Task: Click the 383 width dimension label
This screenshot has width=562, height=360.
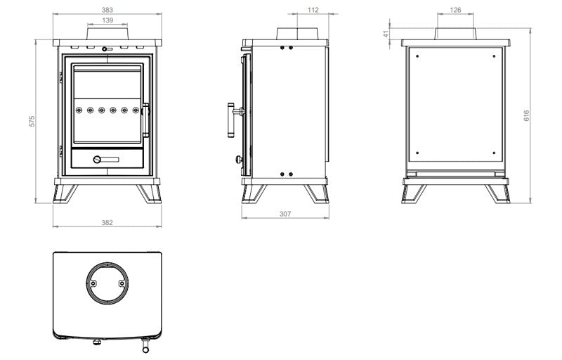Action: click(x=107, y=11)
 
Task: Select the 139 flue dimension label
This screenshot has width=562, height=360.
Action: click(x=107, y=22)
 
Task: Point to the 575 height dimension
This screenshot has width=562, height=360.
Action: click(x=32, y=121)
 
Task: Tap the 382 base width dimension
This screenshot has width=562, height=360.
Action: click(x=107, y=222)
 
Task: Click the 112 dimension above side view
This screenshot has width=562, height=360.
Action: click(x=313, y=11)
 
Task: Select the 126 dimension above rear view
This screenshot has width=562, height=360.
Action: click(x=455, y=11)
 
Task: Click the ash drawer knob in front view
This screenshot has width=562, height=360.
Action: click(x=99, y=160)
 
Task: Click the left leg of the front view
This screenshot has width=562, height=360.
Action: click(x=66, y=193)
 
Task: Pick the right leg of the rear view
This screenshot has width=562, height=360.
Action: click(x=498, y=193)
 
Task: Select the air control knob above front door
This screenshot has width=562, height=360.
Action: click(x=105, y=49)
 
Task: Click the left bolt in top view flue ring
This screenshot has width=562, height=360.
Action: click(x=90, y=283)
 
